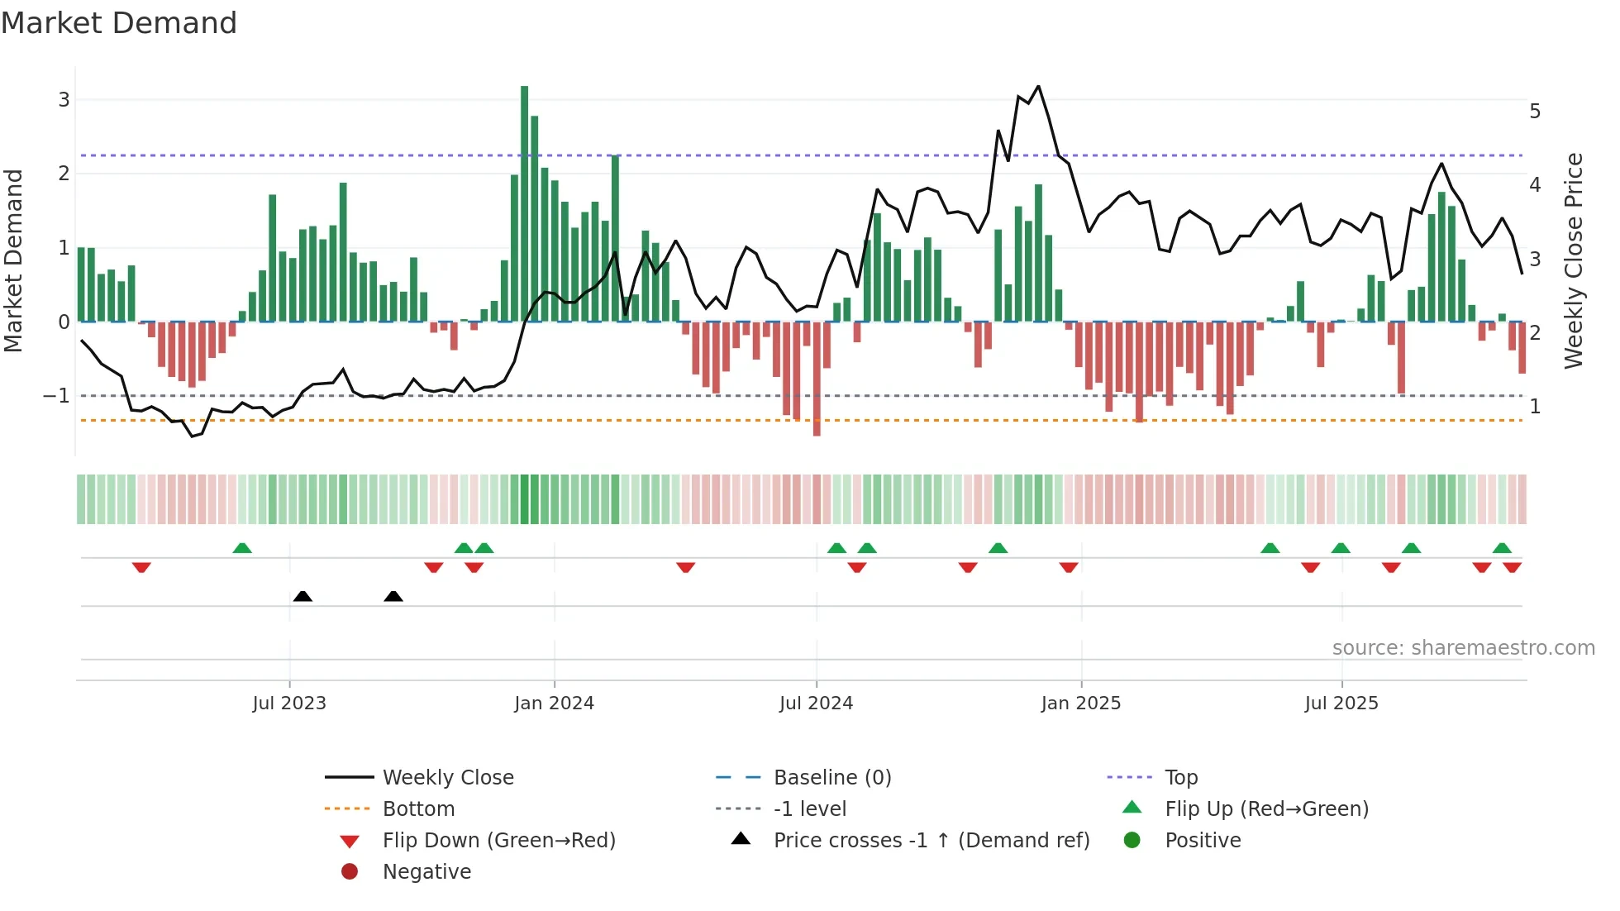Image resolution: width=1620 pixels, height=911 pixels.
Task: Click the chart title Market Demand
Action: click(119, 23)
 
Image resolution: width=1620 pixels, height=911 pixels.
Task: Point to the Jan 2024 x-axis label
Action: click(554, 704)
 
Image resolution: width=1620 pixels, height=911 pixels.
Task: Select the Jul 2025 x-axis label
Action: click(1341, 704)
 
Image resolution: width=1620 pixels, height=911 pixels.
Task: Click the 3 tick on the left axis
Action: click(64, 100)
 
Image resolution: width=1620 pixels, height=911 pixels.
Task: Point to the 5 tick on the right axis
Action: click(1535, 112)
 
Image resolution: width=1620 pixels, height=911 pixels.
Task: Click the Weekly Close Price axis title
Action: click(1574, 260)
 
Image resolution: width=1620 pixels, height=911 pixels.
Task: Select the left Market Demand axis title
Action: click(13, 260)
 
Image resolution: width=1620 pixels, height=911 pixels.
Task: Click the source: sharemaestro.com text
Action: click(1463, 648)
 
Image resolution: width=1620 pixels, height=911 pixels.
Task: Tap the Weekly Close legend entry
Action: click(448, 778)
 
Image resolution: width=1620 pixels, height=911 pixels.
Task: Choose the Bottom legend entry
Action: click(418, 809)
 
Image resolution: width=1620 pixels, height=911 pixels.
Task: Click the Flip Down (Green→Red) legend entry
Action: click(498, 841)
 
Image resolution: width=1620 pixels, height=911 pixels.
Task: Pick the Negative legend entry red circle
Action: click(350, 872)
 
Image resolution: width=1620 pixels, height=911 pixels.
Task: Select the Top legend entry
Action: click(1181, 778)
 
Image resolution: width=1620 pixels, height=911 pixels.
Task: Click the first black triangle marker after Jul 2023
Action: click(303, 596)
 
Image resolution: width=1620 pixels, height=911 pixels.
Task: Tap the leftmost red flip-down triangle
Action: click(141, 567)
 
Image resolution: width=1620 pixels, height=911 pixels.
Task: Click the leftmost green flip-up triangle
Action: click(242, 548)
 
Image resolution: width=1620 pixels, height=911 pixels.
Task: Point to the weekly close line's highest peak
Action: click(1038, 86)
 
